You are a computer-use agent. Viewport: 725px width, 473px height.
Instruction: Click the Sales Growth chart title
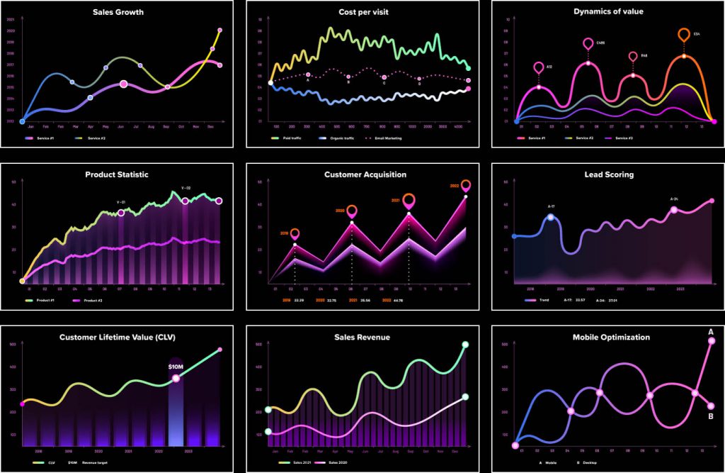pyautogui.click(x=118, y=12)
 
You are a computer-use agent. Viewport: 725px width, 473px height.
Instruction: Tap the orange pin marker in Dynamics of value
pyautogui.click(x=684, y=34)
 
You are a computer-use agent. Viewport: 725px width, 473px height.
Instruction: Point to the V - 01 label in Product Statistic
pyautogui.click(x=121, y=202)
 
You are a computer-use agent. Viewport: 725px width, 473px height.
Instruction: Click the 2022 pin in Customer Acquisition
pyautogui.click(x=466, y=186)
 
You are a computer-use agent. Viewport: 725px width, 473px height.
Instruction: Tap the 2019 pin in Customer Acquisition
pyautogui.click(x=295, y=233)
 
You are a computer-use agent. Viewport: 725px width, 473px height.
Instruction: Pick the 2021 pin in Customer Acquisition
pyautogui.click(x=409, y=200)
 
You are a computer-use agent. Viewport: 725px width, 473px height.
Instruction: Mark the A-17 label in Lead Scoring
pyautogui.click(x=552, y=206)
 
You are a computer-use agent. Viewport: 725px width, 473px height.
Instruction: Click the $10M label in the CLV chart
pyautogui.click(x=176, y=367)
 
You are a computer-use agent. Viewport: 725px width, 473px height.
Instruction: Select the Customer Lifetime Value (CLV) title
pyautogui.click(x=118, y=338)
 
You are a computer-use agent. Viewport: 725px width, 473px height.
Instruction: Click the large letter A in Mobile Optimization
pyautogui.click(x=711, y=331)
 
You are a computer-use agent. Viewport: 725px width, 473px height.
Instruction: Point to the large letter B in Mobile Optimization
pyautogui.click(x=711, y=416)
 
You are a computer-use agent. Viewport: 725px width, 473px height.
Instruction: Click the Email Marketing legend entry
pyautogui.click(x=383, y=138)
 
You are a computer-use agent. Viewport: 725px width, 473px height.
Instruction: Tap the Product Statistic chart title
pyautogui.click(x=117, y=174)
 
